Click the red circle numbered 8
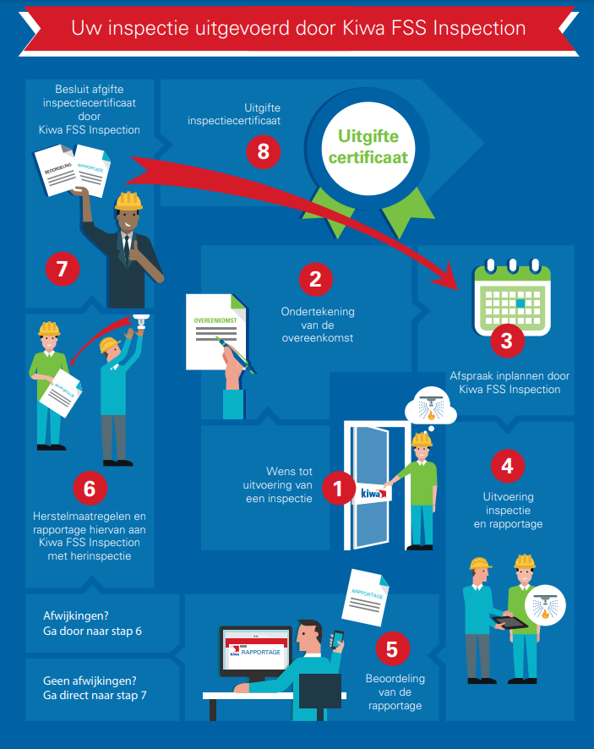point(264,151)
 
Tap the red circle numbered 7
point(62,271)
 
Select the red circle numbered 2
point(315,278)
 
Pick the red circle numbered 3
point(507,341)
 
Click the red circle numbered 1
point(338,488)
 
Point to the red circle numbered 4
point(506,465)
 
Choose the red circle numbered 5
point(391,648)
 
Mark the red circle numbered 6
point(90,487)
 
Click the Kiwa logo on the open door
point(371,492)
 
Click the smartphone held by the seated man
point(336,640)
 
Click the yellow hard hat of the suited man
point(128,200)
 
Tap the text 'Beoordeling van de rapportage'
point(395,692)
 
